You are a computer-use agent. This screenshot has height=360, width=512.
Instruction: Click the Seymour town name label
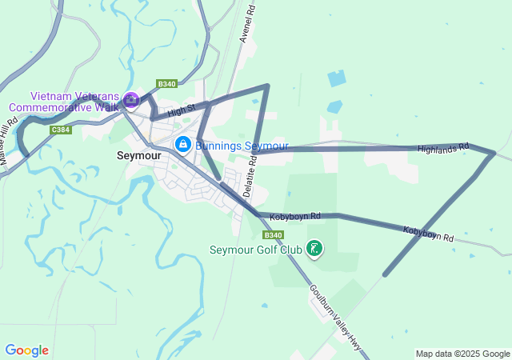[x=139, y=156]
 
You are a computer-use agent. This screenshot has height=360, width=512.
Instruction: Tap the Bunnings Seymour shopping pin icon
[x=183, y=144]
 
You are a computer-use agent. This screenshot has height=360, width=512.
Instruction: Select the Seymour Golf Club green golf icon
[x=315, y=249]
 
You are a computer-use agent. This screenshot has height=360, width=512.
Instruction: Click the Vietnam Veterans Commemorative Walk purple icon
[x=132, y=101]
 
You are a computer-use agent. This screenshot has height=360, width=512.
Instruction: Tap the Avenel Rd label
[x=247, y=23]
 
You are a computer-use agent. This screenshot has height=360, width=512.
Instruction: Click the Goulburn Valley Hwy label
[x=334, y=318]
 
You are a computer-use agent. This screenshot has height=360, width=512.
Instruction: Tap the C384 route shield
[x=60, y=130]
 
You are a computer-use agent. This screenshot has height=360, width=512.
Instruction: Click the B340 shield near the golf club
[x=273, y=234]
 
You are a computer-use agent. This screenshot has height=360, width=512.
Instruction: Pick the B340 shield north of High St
[x=166, y=84]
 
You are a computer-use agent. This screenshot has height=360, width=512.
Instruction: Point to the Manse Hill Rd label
[x=10, y=144]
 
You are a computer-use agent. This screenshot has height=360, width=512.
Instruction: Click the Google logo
[x=26, y=350]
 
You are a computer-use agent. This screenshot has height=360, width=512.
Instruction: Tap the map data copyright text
[x=462, y=354]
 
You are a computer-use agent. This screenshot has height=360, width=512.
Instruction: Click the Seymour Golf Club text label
[x=256, y=250]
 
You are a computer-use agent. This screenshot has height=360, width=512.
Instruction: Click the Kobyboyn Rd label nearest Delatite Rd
[x=295, y=216]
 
